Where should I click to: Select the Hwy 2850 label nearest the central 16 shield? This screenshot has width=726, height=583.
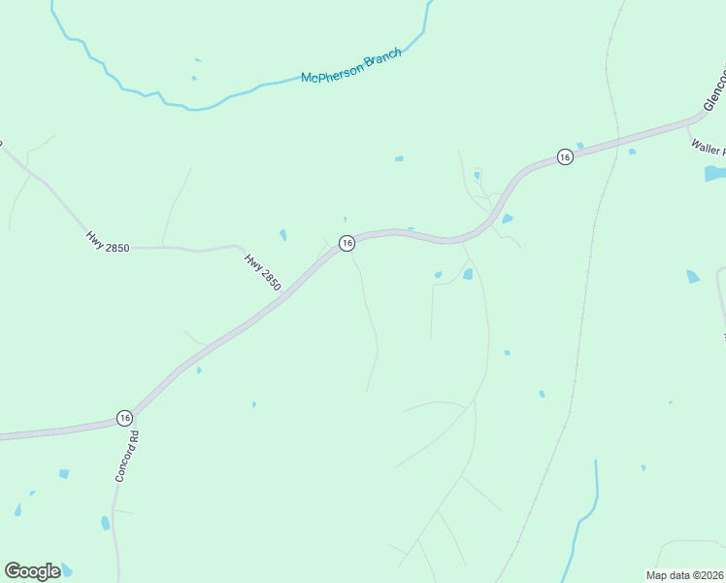click(x=262, y=273)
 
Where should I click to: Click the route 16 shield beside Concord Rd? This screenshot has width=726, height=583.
click(x=124, y=417)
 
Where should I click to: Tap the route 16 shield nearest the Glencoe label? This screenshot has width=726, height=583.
click(x=564, y=155)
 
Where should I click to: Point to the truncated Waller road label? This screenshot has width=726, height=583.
click(x=707, y=147)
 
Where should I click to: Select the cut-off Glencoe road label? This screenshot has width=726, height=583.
click(x=713, y=91)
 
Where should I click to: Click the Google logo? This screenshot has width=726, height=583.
click(x=32, y=570)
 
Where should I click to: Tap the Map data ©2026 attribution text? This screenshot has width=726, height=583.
click(x=683, y=575)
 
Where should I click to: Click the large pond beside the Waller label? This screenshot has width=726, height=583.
click(x=715, y=174)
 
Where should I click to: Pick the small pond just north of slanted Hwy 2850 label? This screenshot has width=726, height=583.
click(x=282, y=235)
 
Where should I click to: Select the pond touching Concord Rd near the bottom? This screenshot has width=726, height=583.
click(x=105, y=523)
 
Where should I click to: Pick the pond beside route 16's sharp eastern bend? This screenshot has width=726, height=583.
click(x=508, y=219)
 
